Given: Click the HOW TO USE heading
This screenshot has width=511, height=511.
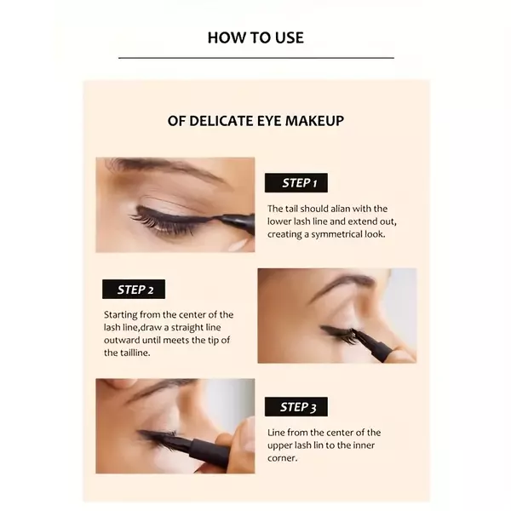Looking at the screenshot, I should (255, 37).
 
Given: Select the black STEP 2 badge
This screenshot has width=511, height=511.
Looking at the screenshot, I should (134, 290).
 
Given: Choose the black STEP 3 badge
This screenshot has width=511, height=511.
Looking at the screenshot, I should (295, 406).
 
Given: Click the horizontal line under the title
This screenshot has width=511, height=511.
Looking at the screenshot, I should (255, 58).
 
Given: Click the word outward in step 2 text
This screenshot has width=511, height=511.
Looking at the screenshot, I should (122, 340).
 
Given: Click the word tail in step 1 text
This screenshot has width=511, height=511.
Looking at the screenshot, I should (297, 209).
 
